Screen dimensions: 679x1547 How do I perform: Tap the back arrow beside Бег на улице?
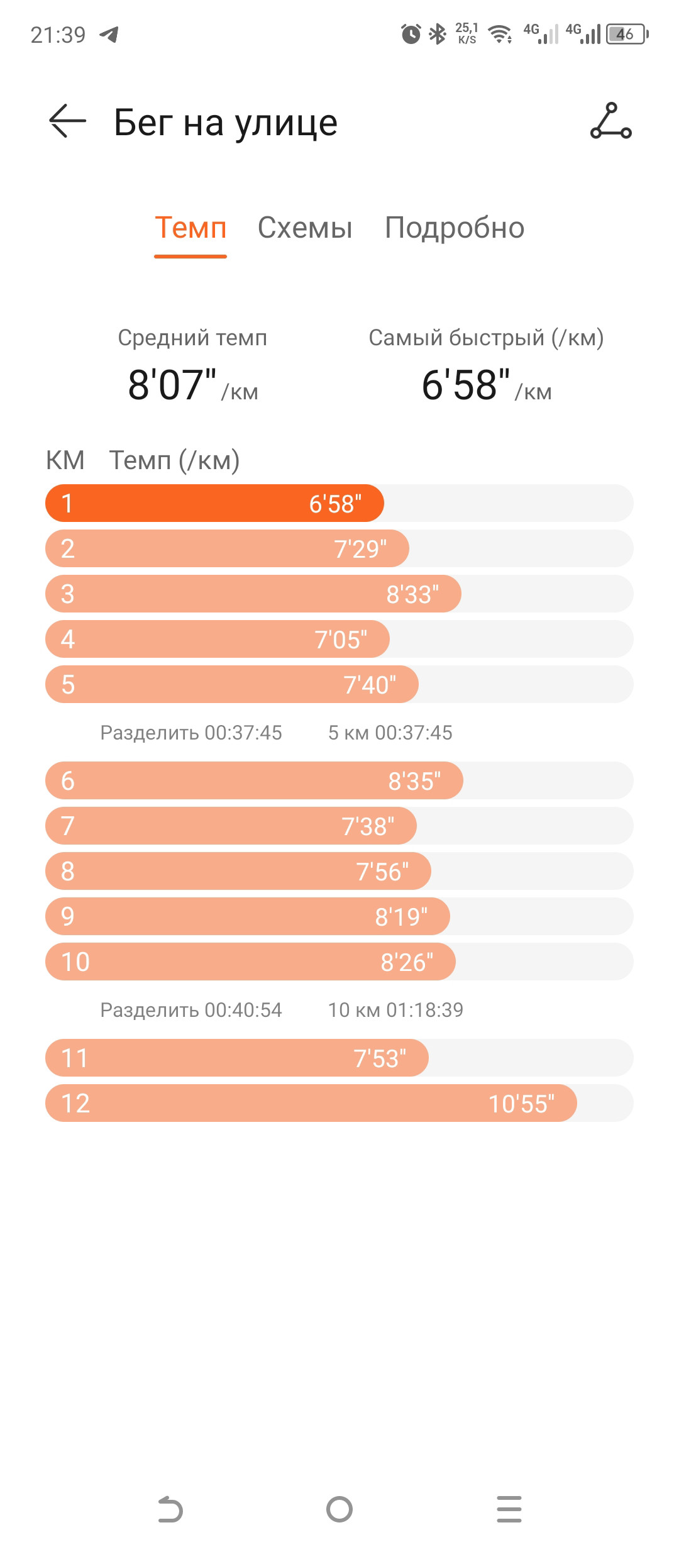[67, 121]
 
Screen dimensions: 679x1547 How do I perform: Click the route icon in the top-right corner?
[610, 121]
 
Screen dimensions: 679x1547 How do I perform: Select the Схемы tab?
[305, 228]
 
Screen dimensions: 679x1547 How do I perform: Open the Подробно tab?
[455, 228]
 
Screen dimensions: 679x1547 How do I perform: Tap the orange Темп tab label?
[190, 228]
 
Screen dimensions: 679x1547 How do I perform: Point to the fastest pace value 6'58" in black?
[466, 384]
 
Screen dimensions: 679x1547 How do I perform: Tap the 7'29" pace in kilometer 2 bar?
[360, 549]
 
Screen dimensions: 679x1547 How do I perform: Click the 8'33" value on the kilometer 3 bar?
[412, 594]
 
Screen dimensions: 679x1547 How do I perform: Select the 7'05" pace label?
[341, 640]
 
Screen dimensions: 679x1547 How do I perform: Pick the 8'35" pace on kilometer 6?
[414, 781]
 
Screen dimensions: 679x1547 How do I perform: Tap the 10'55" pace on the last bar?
[521, 1104]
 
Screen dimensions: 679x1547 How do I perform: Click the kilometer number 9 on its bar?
[67, 916]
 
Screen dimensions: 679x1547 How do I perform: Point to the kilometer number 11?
[74, 1058]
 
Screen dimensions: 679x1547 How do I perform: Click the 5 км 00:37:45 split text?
[390, 733]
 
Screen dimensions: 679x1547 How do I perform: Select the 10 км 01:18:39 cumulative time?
[395, 1010]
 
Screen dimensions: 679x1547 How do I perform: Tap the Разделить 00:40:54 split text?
[191, 1010]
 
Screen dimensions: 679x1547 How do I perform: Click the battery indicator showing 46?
[627, 34]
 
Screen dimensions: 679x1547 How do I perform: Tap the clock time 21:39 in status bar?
[58, 35]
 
